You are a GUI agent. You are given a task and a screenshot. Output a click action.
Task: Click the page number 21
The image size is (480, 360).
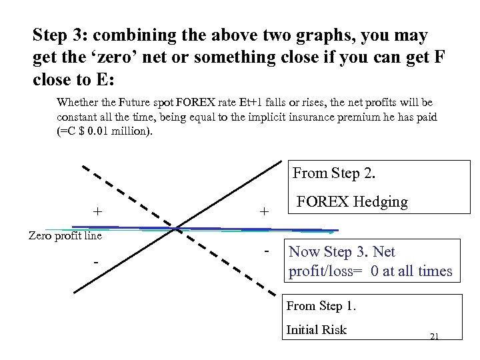[434, 337]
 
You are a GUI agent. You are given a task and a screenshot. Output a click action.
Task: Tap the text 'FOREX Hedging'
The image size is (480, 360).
[352, 202]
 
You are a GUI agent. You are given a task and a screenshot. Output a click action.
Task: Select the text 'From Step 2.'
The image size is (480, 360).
[334, 173]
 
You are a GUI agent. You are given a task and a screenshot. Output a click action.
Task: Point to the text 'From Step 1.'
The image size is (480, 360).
[321, 307]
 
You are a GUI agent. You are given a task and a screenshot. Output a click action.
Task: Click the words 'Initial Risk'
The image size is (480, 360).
[316, 329]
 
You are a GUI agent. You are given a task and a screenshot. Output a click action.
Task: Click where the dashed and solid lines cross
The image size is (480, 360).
[177, 230]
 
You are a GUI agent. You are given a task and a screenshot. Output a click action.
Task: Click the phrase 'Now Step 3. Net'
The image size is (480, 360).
[341, 252]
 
